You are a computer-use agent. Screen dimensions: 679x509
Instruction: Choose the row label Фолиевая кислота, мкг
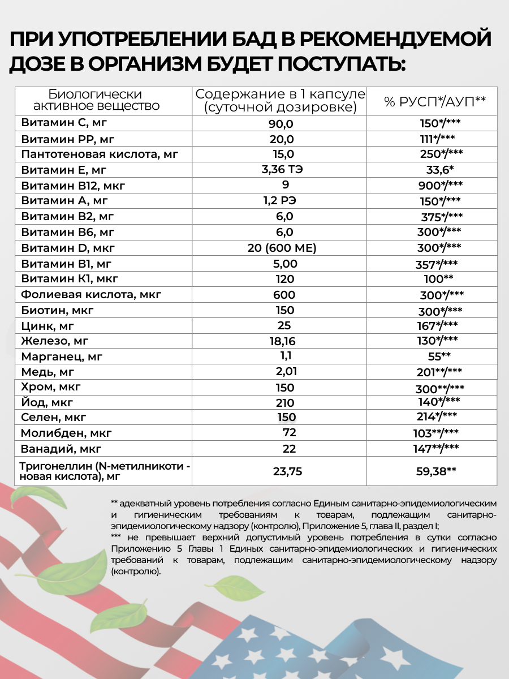point(91,294)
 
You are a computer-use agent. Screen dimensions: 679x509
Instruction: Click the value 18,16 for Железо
point(282,341)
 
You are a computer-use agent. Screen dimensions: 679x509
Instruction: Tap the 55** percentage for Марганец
point(439,356)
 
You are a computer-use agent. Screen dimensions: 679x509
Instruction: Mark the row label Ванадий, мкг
point(61,449)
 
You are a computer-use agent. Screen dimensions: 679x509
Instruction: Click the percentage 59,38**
point(435,470)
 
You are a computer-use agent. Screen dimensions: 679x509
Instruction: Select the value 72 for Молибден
point(289,433)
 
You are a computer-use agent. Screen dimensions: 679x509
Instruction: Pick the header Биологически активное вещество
point(96,100)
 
